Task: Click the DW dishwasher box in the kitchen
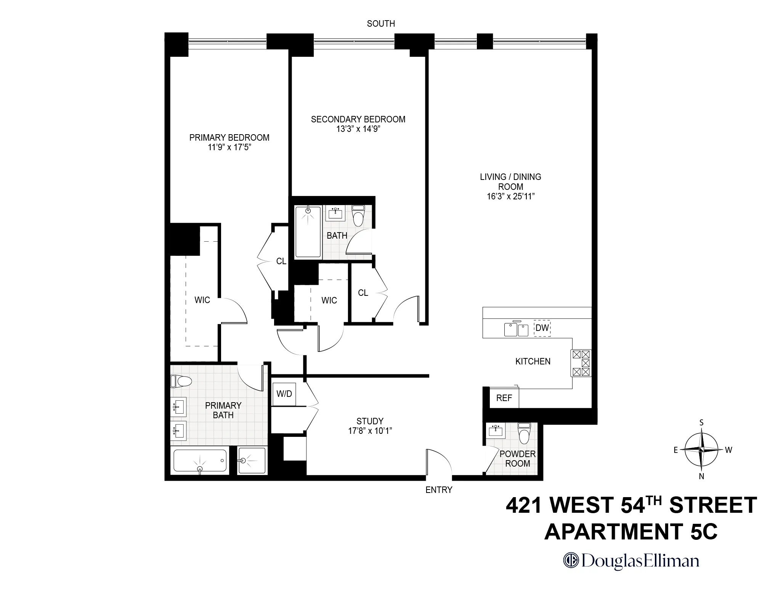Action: pyautogui.click(x=542, y=328)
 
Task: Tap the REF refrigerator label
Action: pyautogui.click(x=504, y=398)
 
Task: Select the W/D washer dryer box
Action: pyautogui.click(x=284, y=394)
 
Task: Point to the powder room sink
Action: pyautogui.click(x=496, y=431)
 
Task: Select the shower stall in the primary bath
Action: pyautogui.click(x=251, y=461)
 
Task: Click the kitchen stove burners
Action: pyautogui.click(x=581, y=363)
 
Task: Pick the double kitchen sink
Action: pyautogui.click(x=517, y=330)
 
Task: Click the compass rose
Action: pyautogui.click(x=701, y=449)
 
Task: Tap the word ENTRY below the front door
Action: pyautogui.click(x=439, y=490)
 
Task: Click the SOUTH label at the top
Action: pyautogui.click(x=381, y=24)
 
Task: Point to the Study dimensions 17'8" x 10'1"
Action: pyautogui.click(x=370, y=431)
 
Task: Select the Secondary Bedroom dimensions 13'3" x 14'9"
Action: pyautogui.click(x=358, y=129)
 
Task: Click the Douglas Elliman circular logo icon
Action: pyautogui.click(x=571, y=560)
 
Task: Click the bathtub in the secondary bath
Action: pyautogui.click(x=308, y=232)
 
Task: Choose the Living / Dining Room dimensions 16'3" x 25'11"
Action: pyautogui.click(x=510, y=197)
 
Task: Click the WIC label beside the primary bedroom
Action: pyautogui.click(x=202, y=300)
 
